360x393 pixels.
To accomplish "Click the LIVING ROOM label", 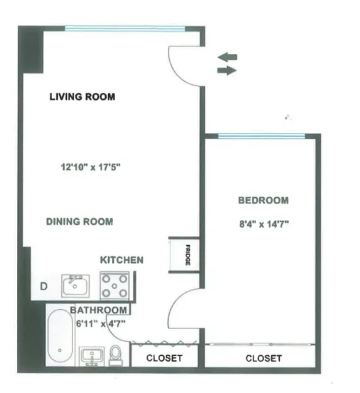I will pos(82,97).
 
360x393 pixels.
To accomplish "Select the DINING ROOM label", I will pos(80,221).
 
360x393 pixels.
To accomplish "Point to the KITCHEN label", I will pos(122,260).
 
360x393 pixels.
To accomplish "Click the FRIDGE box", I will pos(184,255).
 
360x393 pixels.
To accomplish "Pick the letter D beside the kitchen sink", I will pos(44,286).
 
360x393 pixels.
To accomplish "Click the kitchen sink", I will pos(75,286).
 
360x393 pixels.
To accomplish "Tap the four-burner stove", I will pos(115,286).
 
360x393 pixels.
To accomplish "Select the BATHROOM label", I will pos(99,310).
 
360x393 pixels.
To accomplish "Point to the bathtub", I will pos(60,336).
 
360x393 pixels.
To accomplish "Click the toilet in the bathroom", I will pos(115,355).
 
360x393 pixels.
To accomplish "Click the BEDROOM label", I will pos(263,201).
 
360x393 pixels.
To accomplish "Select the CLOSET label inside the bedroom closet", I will pos(263,358).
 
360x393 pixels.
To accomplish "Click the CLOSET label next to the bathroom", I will pos(164,358).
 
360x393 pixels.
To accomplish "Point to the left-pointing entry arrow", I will pos(227,57).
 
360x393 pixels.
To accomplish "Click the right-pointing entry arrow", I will pos(227,71).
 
